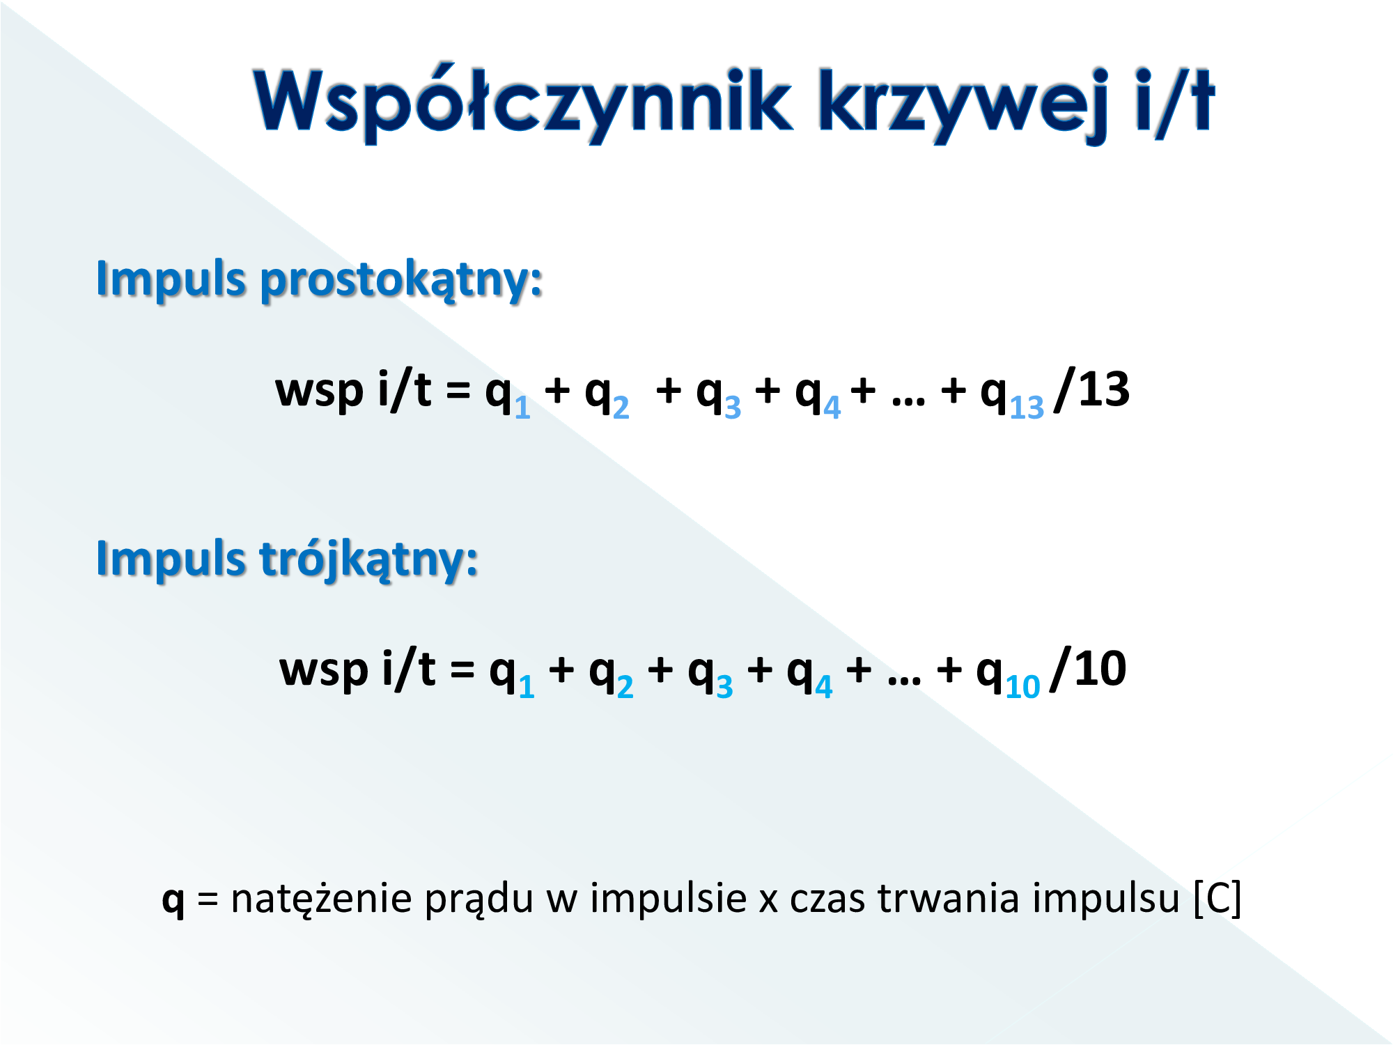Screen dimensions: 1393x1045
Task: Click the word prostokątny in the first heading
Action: point(401,281)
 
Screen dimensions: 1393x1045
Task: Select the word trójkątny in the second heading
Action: point(368,560)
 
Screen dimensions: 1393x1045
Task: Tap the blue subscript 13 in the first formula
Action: point(1027,407)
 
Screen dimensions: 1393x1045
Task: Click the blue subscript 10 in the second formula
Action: point(1022,686)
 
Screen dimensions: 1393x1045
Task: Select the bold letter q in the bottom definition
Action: point(173,901)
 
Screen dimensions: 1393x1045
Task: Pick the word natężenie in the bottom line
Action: point(322,899)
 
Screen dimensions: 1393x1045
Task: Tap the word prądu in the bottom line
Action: point(479,901)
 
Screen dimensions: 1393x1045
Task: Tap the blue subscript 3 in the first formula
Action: point(733,408)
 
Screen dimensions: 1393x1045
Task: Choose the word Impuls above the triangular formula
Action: point(171,559)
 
